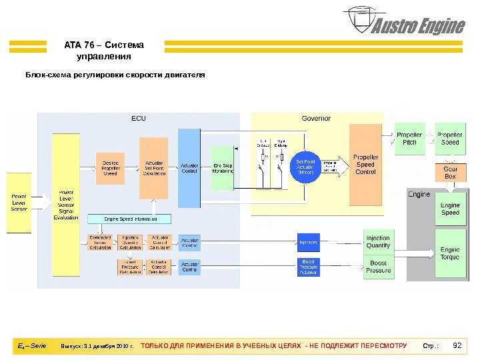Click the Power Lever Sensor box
(x=20, y=202)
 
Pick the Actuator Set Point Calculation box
(x=153, y=168)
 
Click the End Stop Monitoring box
(x=223, y=169)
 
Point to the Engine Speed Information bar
(x=129, y=219)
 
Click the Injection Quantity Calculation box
(x=129, y=242)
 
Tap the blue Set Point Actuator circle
(x=306, y=167)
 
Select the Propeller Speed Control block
(x=365, y=164)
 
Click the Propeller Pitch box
(x=409, y=139)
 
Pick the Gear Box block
(x=450, y=173)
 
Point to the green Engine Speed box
(x=450, y=209)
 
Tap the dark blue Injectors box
(x=308, y=242)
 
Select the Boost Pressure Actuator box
(x=308, y=267)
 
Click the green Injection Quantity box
(x=378, y=241)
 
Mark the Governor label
(x=316, y=119)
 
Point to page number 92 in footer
(x=457, y=345)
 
